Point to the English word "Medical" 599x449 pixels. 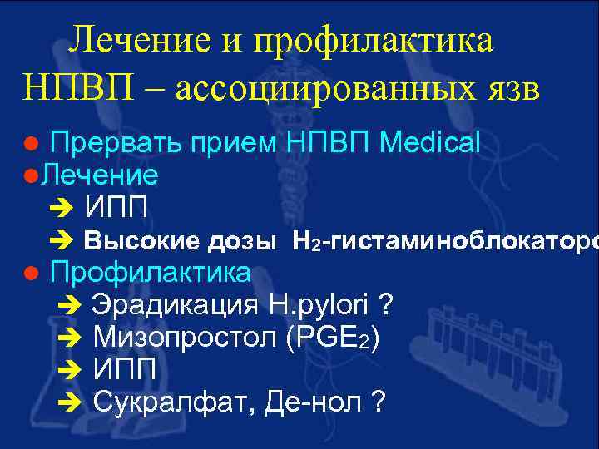tap(429, 144)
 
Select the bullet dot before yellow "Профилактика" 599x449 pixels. tap(30, 274)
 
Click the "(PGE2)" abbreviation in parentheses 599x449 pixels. tap(332, 338)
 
